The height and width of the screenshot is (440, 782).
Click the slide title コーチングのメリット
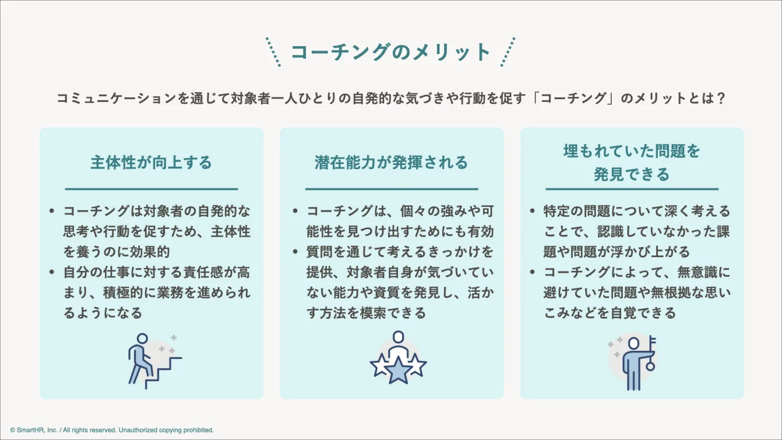390,52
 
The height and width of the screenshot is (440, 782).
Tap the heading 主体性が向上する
151,163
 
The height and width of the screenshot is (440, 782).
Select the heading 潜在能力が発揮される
391,163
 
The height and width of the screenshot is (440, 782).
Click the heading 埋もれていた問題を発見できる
632,163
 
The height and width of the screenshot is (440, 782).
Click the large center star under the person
397,370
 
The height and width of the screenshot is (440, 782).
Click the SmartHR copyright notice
112,430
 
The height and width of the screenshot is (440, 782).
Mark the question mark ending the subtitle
720,98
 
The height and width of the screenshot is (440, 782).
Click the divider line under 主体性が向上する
151,189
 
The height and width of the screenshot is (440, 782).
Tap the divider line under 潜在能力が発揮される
391,189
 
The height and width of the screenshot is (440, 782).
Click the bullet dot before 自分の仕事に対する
52,272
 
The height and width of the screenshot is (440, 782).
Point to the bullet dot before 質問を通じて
296,252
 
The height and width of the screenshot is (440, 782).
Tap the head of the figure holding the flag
634,343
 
